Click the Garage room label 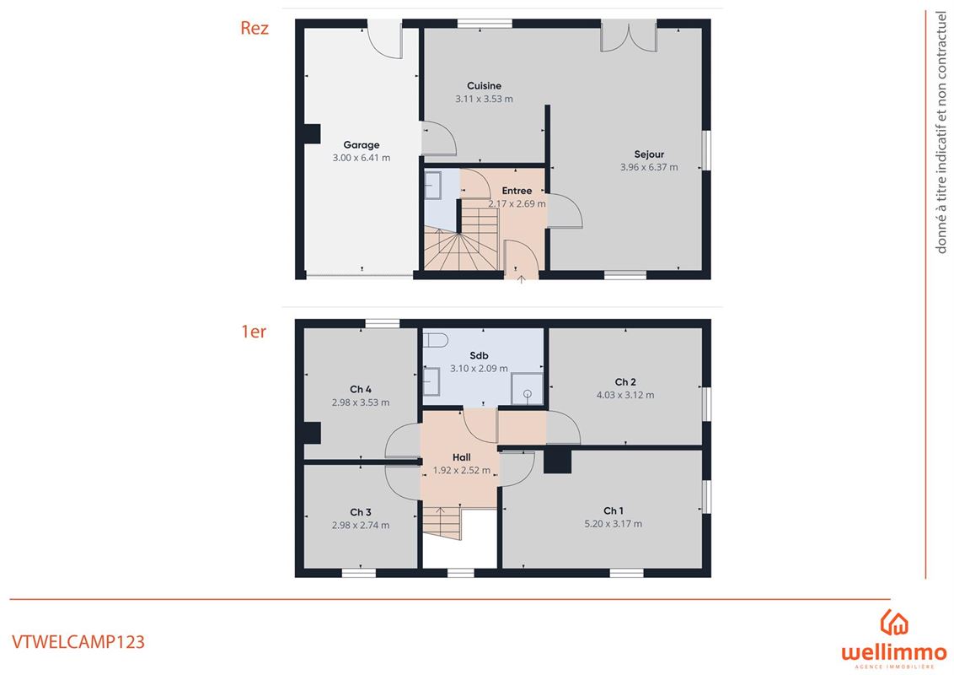pos(362,145)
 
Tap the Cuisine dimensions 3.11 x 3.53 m pos(485,99)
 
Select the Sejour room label pos(649,154)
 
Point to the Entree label pos(517,191)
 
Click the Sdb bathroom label pos(479,356)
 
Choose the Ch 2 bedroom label pos(625,382)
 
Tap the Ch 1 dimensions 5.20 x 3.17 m pos(614,524)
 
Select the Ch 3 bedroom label pos(361,512)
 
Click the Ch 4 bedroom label pos(361,389)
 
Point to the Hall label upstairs pos(462,457)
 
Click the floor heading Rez pos(255,28)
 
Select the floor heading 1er pos(254,332)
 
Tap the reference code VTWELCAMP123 pos(78,642)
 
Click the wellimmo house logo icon pos(894,622)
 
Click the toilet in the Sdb pos(436,339)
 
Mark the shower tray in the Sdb pos(527,389)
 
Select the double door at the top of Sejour pos(629,36)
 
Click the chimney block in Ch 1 pos(557,460)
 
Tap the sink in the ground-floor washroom pos(432,185)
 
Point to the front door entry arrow pos(522,279)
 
